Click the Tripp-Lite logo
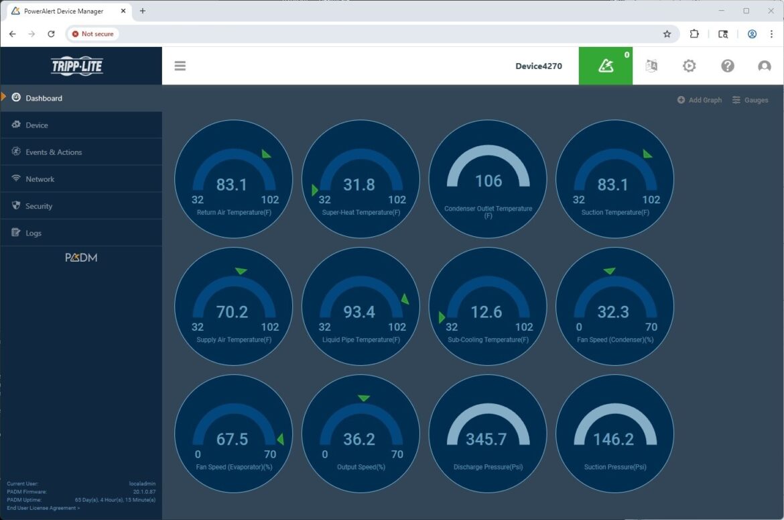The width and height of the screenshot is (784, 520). coord(77,66)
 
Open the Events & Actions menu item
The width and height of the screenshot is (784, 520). coord(54,152)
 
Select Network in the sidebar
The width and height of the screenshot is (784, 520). coord(40,179)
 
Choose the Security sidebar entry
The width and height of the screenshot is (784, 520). coord(38,206)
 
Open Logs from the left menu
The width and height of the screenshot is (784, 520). coord(33,233)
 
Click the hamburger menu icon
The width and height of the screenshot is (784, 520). coord(180,66)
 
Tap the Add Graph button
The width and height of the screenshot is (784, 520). coord(700,100)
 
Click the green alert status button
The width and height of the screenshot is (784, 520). coord(606,66)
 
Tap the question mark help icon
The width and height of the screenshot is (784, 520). coord(728,66)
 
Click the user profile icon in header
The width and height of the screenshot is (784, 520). coord(765,66)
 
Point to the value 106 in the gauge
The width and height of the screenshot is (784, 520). coord(488,181)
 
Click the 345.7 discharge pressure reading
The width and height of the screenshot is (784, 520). coord(486,439)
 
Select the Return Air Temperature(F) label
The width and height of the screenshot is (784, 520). coord(234,213)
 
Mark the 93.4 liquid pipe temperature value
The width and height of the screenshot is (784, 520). coord(359,312)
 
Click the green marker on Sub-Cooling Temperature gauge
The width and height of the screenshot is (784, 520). coord(442,317)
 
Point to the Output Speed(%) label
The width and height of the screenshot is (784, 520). coord(361,467)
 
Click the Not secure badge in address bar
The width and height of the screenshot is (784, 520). coord(92,34)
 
